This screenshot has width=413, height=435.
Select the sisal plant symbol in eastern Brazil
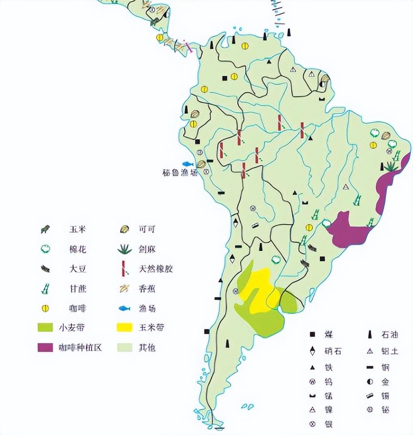(391, 166)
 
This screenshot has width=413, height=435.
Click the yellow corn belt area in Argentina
(259, 288)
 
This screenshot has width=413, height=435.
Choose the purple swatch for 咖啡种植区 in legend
(46, 347)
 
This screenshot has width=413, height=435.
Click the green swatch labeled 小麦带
(46, 328)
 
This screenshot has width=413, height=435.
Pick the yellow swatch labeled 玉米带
(125, 328)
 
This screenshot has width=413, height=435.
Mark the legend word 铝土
(390, 351)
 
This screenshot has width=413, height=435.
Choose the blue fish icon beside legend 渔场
(125, 308)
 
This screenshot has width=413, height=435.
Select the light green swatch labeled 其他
(125, 347)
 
